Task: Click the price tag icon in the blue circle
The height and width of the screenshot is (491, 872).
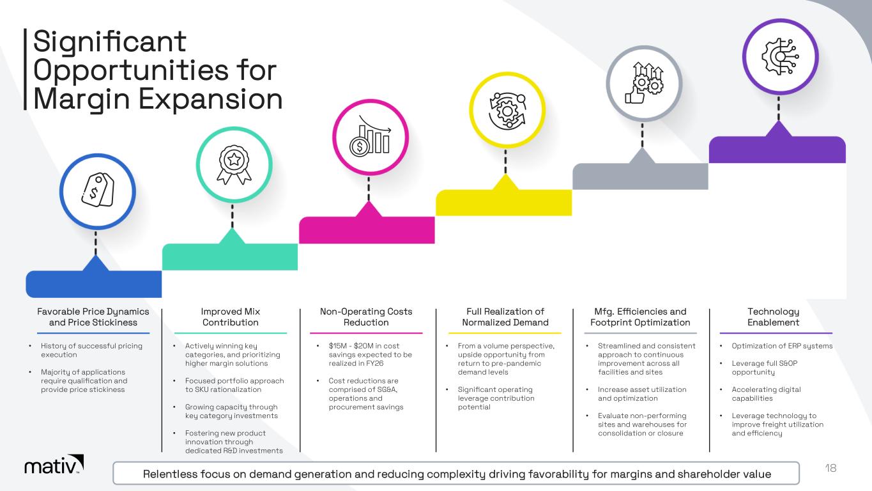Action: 98,190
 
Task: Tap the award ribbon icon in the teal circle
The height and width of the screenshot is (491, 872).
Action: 234,164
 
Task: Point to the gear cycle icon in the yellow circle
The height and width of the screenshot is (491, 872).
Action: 507,111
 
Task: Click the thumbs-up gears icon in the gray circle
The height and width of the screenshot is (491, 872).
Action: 644,82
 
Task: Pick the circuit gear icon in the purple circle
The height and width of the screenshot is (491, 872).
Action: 780,56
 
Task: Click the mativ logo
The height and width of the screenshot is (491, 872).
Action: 54,465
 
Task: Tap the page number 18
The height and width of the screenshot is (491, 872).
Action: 830,468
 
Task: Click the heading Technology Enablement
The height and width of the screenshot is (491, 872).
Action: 773,317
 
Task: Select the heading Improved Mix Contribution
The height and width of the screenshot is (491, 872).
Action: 231,317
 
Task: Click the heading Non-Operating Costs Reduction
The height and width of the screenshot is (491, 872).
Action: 366,317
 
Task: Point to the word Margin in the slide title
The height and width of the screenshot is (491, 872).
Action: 81,99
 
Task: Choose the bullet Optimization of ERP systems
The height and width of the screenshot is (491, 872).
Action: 782,346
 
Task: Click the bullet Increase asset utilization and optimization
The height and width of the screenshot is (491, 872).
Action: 642,394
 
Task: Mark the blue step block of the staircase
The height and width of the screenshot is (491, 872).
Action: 94,284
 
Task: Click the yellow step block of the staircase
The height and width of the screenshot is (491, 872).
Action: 504,202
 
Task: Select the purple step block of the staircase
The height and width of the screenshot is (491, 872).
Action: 777,149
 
